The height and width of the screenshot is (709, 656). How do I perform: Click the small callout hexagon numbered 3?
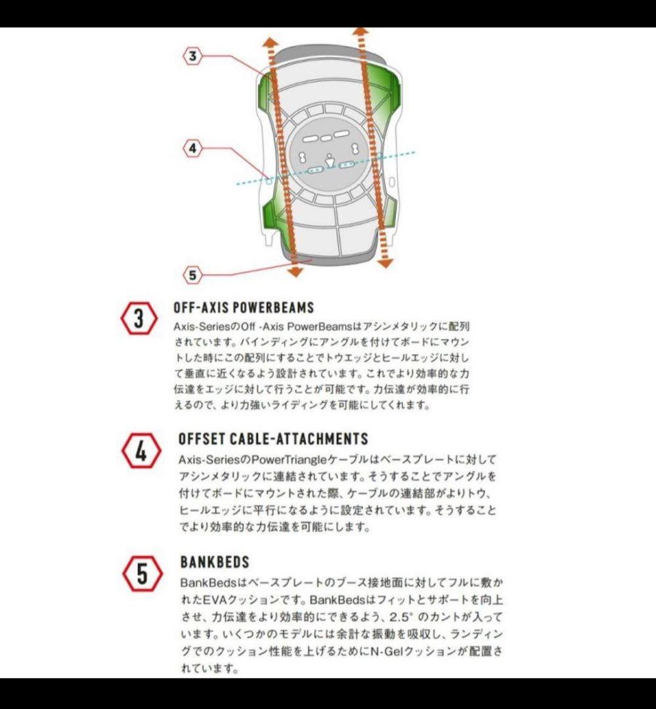[192, 56]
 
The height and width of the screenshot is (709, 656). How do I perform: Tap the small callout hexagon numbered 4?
[192, 149]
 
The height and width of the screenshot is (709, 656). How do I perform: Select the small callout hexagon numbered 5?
[192, 275]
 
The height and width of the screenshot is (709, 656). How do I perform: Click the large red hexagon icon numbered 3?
[139, 320]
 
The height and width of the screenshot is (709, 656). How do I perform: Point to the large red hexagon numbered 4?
[141, 452]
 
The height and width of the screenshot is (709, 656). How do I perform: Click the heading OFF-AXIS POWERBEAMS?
[244, 308]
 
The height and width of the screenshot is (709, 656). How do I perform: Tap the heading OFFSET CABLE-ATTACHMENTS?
[273, 439]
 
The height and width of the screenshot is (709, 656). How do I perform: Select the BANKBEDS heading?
[215, 562]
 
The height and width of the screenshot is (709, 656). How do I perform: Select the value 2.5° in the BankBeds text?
[401, 618]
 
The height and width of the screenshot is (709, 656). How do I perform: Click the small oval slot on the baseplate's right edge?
[392, 181]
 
